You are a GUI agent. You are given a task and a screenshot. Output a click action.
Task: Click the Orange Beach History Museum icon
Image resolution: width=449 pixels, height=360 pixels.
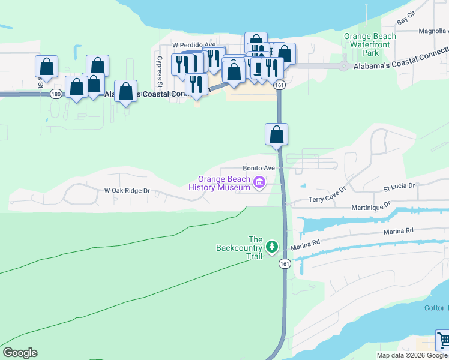(259, 182)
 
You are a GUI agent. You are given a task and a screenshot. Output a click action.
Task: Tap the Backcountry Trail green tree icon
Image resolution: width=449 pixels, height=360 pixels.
(272, 247)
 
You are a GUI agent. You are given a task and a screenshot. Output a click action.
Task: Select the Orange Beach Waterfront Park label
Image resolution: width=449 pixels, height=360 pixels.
(370, 44)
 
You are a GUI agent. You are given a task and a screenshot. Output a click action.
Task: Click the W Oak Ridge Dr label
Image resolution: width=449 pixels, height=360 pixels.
(127, 191)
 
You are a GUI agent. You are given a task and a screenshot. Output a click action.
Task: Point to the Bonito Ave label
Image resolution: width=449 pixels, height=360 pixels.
(259, 169)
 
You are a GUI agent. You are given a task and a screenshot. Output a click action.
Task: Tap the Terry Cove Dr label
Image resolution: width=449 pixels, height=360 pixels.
(328, 194)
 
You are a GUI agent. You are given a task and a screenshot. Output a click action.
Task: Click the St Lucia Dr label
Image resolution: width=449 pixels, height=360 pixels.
(399, 186)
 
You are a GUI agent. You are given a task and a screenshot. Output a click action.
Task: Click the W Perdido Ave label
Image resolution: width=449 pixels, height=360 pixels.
(193, 45)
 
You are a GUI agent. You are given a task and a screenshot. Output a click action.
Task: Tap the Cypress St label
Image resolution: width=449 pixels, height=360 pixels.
(160, 71)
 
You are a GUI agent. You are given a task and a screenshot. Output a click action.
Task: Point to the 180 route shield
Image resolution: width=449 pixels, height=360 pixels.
(56, 94)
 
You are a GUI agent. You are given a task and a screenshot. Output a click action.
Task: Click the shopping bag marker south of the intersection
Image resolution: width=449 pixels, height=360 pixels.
(276, 136)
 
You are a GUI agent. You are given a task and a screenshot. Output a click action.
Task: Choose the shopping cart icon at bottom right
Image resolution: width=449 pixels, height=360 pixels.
(443, 340)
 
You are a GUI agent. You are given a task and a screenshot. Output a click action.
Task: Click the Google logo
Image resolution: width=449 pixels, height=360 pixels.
(20, 353)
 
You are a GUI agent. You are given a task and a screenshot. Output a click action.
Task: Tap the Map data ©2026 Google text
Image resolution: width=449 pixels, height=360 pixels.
(412, 355)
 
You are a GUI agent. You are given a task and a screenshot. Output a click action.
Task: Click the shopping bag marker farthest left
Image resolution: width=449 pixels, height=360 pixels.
(46, 67)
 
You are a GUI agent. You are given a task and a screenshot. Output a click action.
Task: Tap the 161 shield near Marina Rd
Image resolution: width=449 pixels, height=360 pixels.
(282, 263)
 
